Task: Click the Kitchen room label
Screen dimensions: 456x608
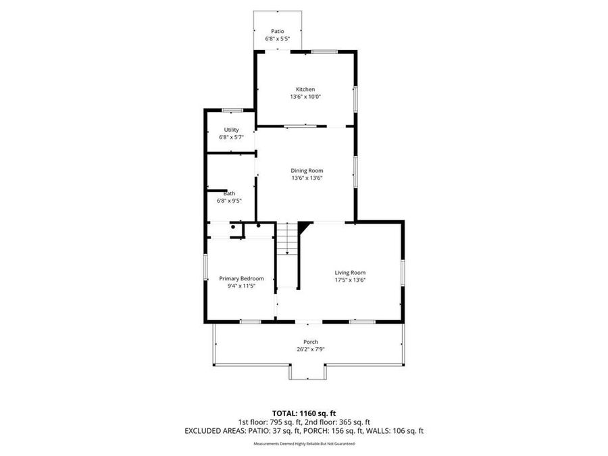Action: pyautogui.click(x=305, y=89)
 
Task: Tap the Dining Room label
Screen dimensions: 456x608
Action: pyautogui.click(x=307, y=170)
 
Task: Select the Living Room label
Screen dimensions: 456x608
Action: pyautogui.click(x=350, y=272)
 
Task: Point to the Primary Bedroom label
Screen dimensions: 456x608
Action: pyautogui.click(x=240, y=278)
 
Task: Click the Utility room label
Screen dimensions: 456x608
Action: pyautogui.click(x=231, y=130)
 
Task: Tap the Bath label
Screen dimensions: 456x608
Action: pyautogui.click(x=230, y=193)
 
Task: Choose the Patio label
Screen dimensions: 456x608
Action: pyautogui.click(x=278, y=31)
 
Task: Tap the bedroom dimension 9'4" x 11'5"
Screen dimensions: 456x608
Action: pyautogui.click(x=240, y=286)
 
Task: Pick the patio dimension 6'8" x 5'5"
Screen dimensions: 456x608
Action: pyautogui.click(x=278, y=39)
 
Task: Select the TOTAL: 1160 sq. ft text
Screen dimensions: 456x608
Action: pyautogui.click(x=303, y=412)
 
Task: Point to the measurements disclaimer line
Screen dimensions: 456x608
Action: pyautogui.click(x=303, y=444)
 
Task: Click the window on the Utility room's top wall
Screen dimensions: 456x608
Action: pyautogui.click(x=232, y=110)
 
